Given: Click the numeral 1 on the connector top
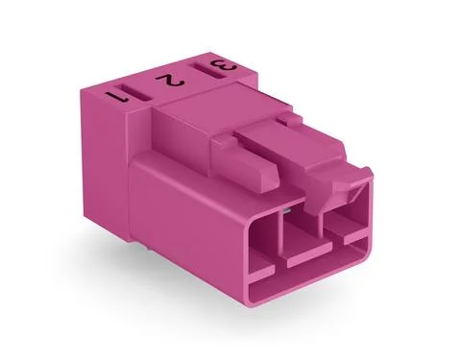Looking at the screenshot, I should [120, 96].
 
